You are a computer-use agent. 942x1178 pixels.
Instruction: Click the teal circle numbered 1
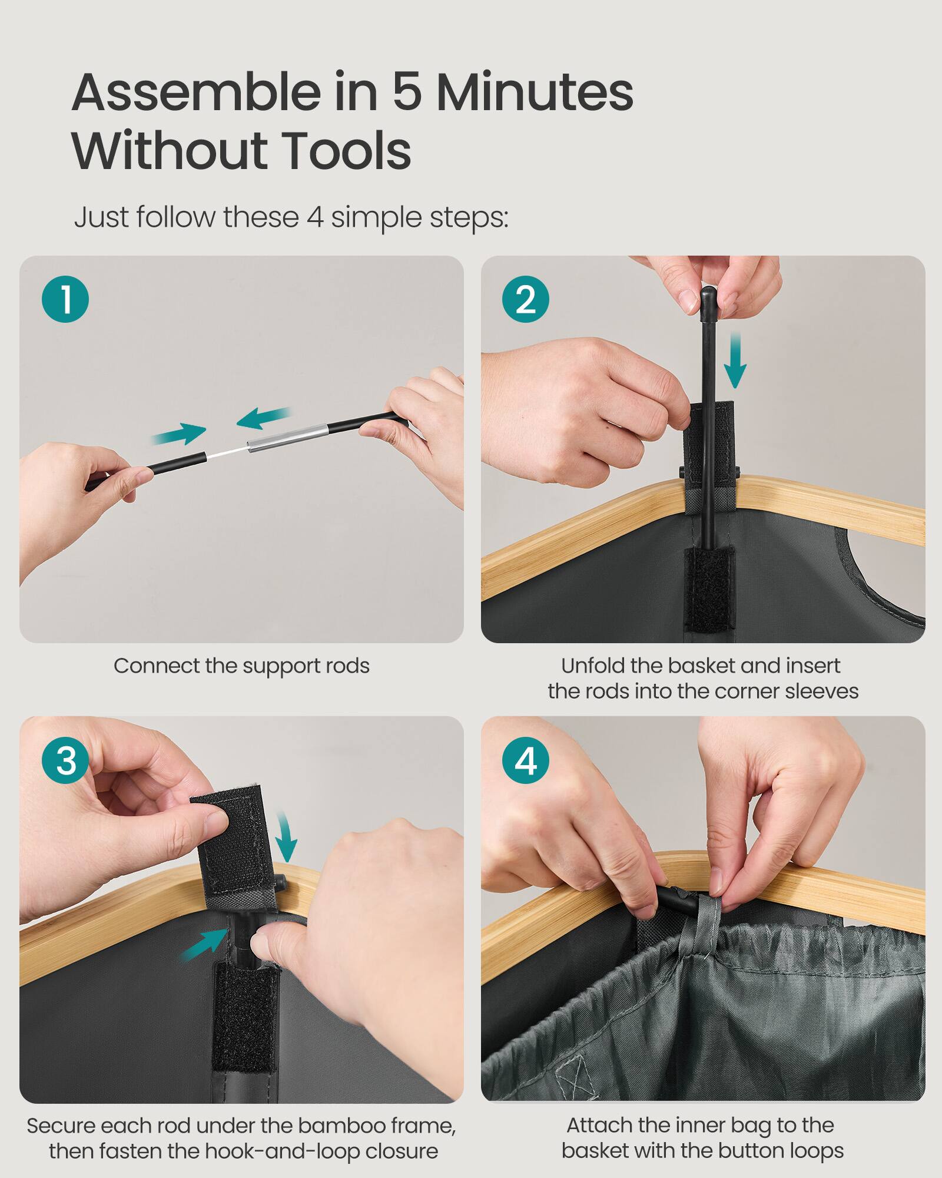pos(65,299)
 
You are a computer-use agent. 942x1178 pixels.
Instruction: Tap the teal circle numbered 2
pos(526,299)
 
